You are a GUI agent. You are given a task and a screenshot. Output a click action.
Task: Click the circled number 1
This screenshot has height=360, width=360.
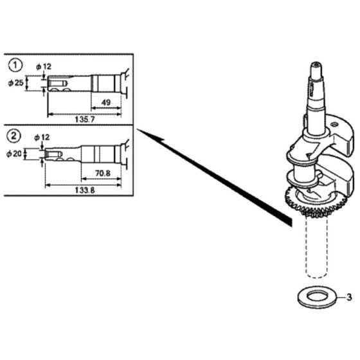[15, 65]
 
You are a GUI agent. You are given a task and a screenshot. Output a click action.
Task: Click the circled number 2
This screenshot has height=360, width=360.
[14, 136]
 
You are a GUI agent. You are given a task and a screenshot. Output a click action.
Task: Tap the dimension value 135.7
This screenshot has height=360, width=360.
[85, 120]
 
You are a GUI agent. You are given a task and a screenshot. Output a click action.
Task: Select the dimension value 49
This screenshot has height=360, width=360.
[106, 102]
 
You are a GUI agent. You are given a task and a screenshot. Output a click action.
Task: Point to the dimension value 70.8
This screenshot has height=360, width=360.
[103, 174]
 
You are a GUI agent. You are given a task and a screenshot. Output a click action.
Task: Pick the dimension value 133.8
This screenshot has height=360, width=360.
[85, 190]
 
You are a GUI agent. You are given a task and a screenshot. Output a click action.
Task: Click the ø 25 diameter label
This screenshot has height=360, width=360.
[16, 83]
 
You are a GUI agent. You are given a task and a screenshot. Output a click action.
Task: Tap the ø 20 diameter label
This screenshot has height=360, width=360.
[14, 154]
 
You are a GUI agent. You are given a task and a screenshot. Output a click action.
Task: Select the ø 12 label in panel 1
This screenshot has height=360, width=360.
[44, 67]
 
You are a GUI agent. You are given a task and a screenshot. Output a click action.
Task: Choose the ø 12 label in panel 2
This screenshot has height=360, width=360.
[42, 138]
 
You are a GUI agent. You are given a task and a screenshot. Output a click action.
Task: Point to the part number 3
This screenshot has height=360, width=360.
[349, 297]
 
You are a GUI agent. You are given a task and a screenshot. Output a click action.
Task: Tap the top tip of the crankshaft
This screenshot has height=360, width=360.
[316, 63]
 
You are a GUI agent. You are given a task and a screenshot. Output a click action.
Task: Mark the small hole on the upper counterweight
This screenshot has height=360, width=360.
[334, 125]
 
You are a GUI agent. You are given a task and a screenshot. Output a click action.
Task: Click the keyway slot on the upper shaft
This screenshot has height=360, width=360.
[312, 89]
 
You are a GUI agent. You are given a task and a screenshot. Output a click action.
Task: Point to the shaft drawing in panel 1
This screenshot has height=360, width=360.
[87, 84]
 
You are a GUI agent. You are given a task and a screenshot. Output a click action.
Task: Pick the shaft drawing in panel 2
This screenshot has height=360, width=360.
[86, 154]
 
